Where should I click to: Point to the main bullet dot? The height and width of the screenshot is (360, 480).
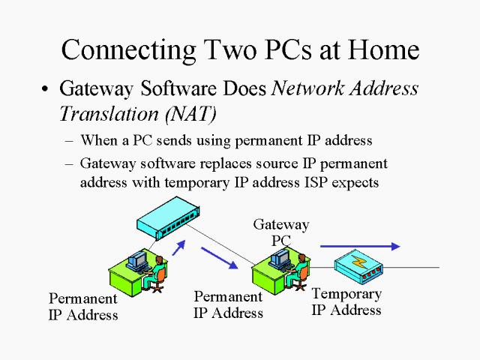(x=46, y=90)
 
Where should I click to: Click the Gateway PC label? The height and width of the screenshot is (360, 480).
(x=280, y=232)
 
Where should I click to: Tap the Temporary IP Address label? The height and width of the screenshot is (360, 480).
(x=346, y=301)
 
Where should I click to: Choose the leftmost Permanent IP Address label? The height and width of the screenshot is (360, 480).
(x=83, y=307)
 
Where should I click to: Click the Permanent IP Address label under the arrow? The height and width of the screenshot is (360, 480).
(x=228, y=304)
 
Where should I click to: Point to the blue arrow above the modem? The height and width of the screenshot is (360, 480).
(x=360, y=245)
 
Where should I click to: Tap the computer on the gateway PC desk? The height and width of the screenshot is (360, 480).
(x=281, y=259)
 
